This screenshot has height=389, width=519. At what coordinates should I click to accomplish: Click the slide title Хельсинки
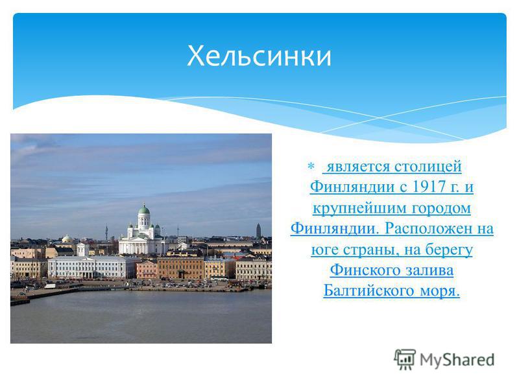click(259, 56)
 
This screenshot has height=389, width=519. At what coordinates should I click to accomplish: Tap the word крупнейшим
click(360, 208)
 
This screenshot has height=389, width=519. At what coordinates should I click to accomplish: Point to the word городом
click(441, 208)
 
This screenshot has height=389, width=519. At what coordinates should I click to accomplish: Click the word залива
click(425, 270)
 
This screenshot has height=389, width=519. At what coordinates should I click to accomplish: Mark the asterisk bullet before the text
click(311, 166)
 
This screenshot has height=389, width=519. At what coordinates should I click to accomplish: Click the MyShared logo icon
click(404, 360)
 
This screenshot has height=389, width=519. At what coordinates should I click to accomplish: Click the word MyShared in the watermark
click(457, 360)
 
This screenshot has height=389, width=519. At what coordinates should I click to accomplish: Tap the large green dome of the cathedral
click(144, 209)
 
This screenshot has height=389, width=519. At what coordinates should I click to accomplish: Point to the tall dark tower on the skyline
click(258, 231)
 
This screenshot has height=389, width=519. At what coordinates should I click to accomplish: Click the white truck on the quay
click(50, 286)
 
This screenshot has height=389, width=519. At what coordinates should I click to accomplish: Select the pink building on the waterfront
click(147, 270)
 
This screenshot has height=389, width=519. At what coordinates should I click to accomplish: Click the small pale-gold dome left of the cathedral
click(67, 239)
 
